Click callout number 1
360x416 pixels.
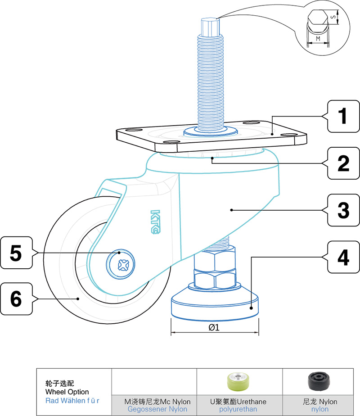[x=343, y=116]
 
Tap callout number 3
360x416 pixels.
[x=343, y=209]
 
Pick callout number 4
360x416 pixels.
[x=343, y=257]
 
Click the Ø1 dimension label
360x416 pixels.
[x=214, y=328]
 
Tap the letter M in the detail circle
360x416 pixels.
[x=318, y=39]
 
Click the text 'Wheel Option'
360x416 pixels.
[x=67, y=392]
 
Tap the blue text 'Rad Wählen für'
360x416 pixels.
[x=72, y=400]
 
